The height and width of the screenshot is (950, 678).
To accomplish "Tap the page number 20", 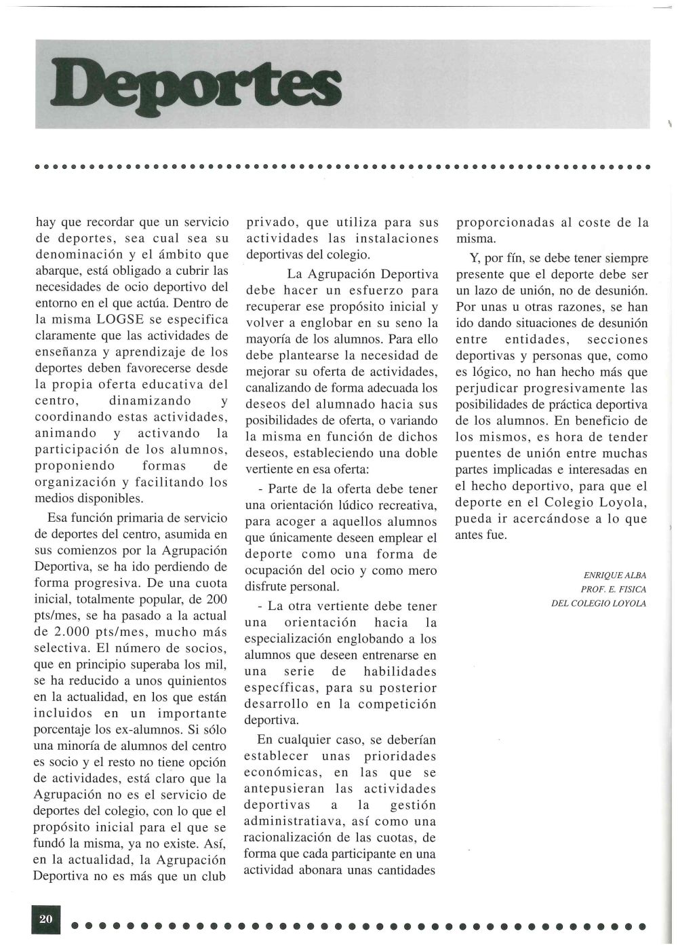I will coord(46,919).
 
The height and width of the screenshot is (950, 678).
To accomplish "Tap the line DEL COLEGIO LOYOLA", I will coord(599,603).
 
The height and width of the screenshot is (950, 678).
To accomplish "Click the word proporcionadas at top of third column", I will coord(506,223).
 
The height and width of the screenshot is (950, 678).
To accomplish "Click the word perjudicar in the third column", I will coord(492,388).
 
